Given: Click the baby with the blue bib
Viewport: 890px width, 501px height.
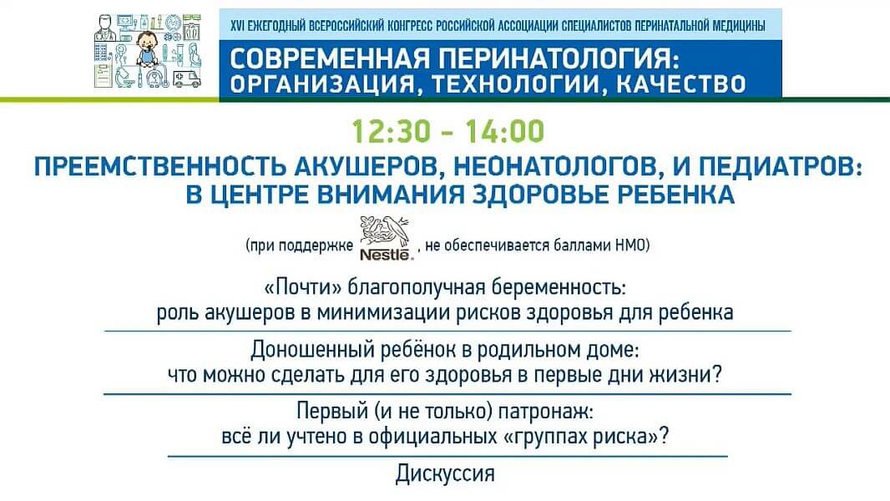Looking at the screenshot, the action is (x=148, y=49).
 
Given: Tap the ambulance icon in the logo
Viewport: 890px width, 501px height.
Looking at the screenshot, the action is (x=187, y=79).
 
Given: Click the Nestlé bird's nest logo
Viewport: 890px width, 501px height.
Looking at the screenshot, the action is (x=385, y=238).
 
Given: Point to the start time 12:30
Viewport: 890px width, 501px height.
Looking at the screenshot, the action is (x=391, y=131).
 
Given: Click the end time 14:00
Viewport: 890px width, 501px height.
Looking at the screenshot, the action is (x=505, y=131).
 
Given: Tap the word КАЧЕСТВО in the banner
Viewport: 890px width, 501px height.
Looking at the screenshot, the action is (x=680, y=84).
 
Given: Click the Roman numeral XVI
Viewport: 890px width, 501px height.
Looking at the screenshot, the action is (x=236, y=26).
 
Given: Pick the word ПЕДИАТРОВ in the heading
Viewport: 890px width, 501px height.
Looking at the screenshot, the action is (x=779, y=167).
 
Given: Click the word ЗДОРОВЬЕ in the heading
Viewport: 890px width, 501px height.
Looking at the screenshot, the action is (x=540, y=195).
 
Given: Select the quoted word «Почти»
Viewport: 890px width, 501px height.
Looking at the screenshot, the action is (x=303, y=287).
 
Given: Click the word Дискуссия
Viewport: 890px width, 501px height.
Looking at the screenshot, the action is (x=445, y=473).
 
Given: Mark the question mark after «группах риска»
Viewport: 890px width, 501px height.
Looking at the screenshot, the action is (x=663, y=437).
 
